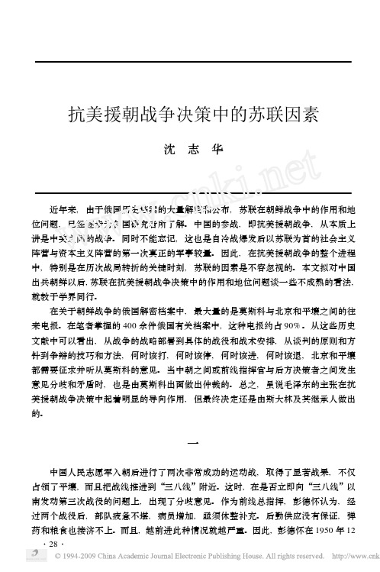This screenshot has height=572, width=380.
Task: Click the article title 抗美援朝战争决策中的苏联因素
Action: point(188,115)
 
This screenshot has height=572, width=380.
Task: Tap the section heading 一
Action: point(189,441)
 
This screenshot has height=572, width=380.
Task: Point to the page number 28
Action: point(53,543)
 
